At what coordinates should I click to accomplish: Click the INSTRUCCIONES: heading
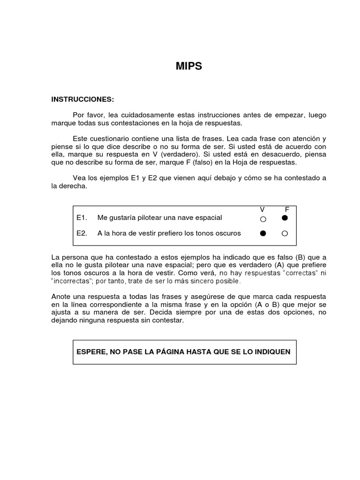pyautogui.click(x=82, y=99)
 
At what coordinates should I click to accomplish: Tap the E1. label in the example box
pyautogui.click(x=82, y=217)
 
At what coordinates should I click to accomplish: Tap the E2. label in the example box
pyautogui.click(x=82, y=233)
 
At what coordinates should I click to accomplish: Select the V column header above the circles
pyautogui.click(x=262, y=209)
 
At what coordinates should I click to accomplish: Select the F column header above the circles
pyautogui.click(x=287, y=209)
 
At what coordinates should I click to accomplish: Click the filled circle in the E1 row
pyautogui.click(x=285, y=218)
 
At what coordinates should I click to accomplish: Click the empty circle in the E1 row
pyautogui.click(x=263, y=219)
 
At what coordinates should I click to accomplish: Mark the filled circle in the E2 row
pyautogui.click(x=263, y=233)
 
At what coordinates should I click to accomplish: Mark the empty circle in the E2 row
pyautogui.click(x=285, y=233)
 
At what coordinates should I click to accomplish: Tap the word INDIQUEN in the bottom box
pyautogui.click(x=272, y=352)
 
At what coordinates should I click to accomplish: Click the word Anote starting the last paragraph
pyautogui.click(x=61, y=297)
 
